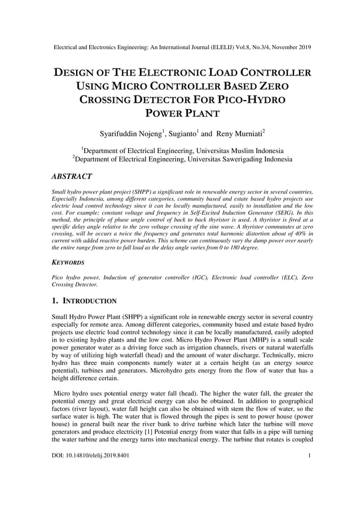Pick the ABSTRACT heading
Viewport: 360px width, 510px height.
pyautogui.click(x=72, y=177)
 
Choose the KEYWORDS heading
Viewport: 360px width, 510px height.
pyautogui.click(x=68, y=263)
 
